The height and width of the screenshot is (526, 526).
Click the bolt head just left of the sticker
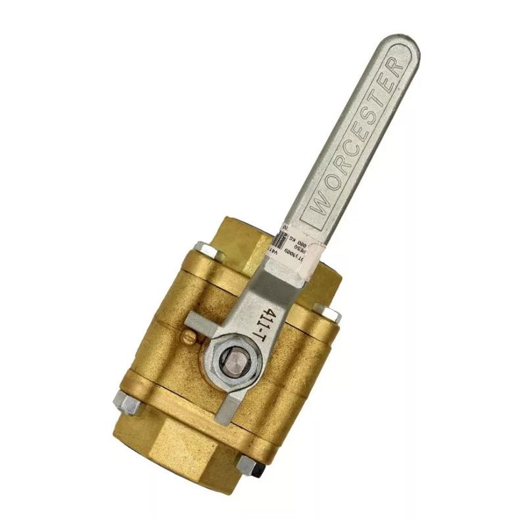tap(208, 252)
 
